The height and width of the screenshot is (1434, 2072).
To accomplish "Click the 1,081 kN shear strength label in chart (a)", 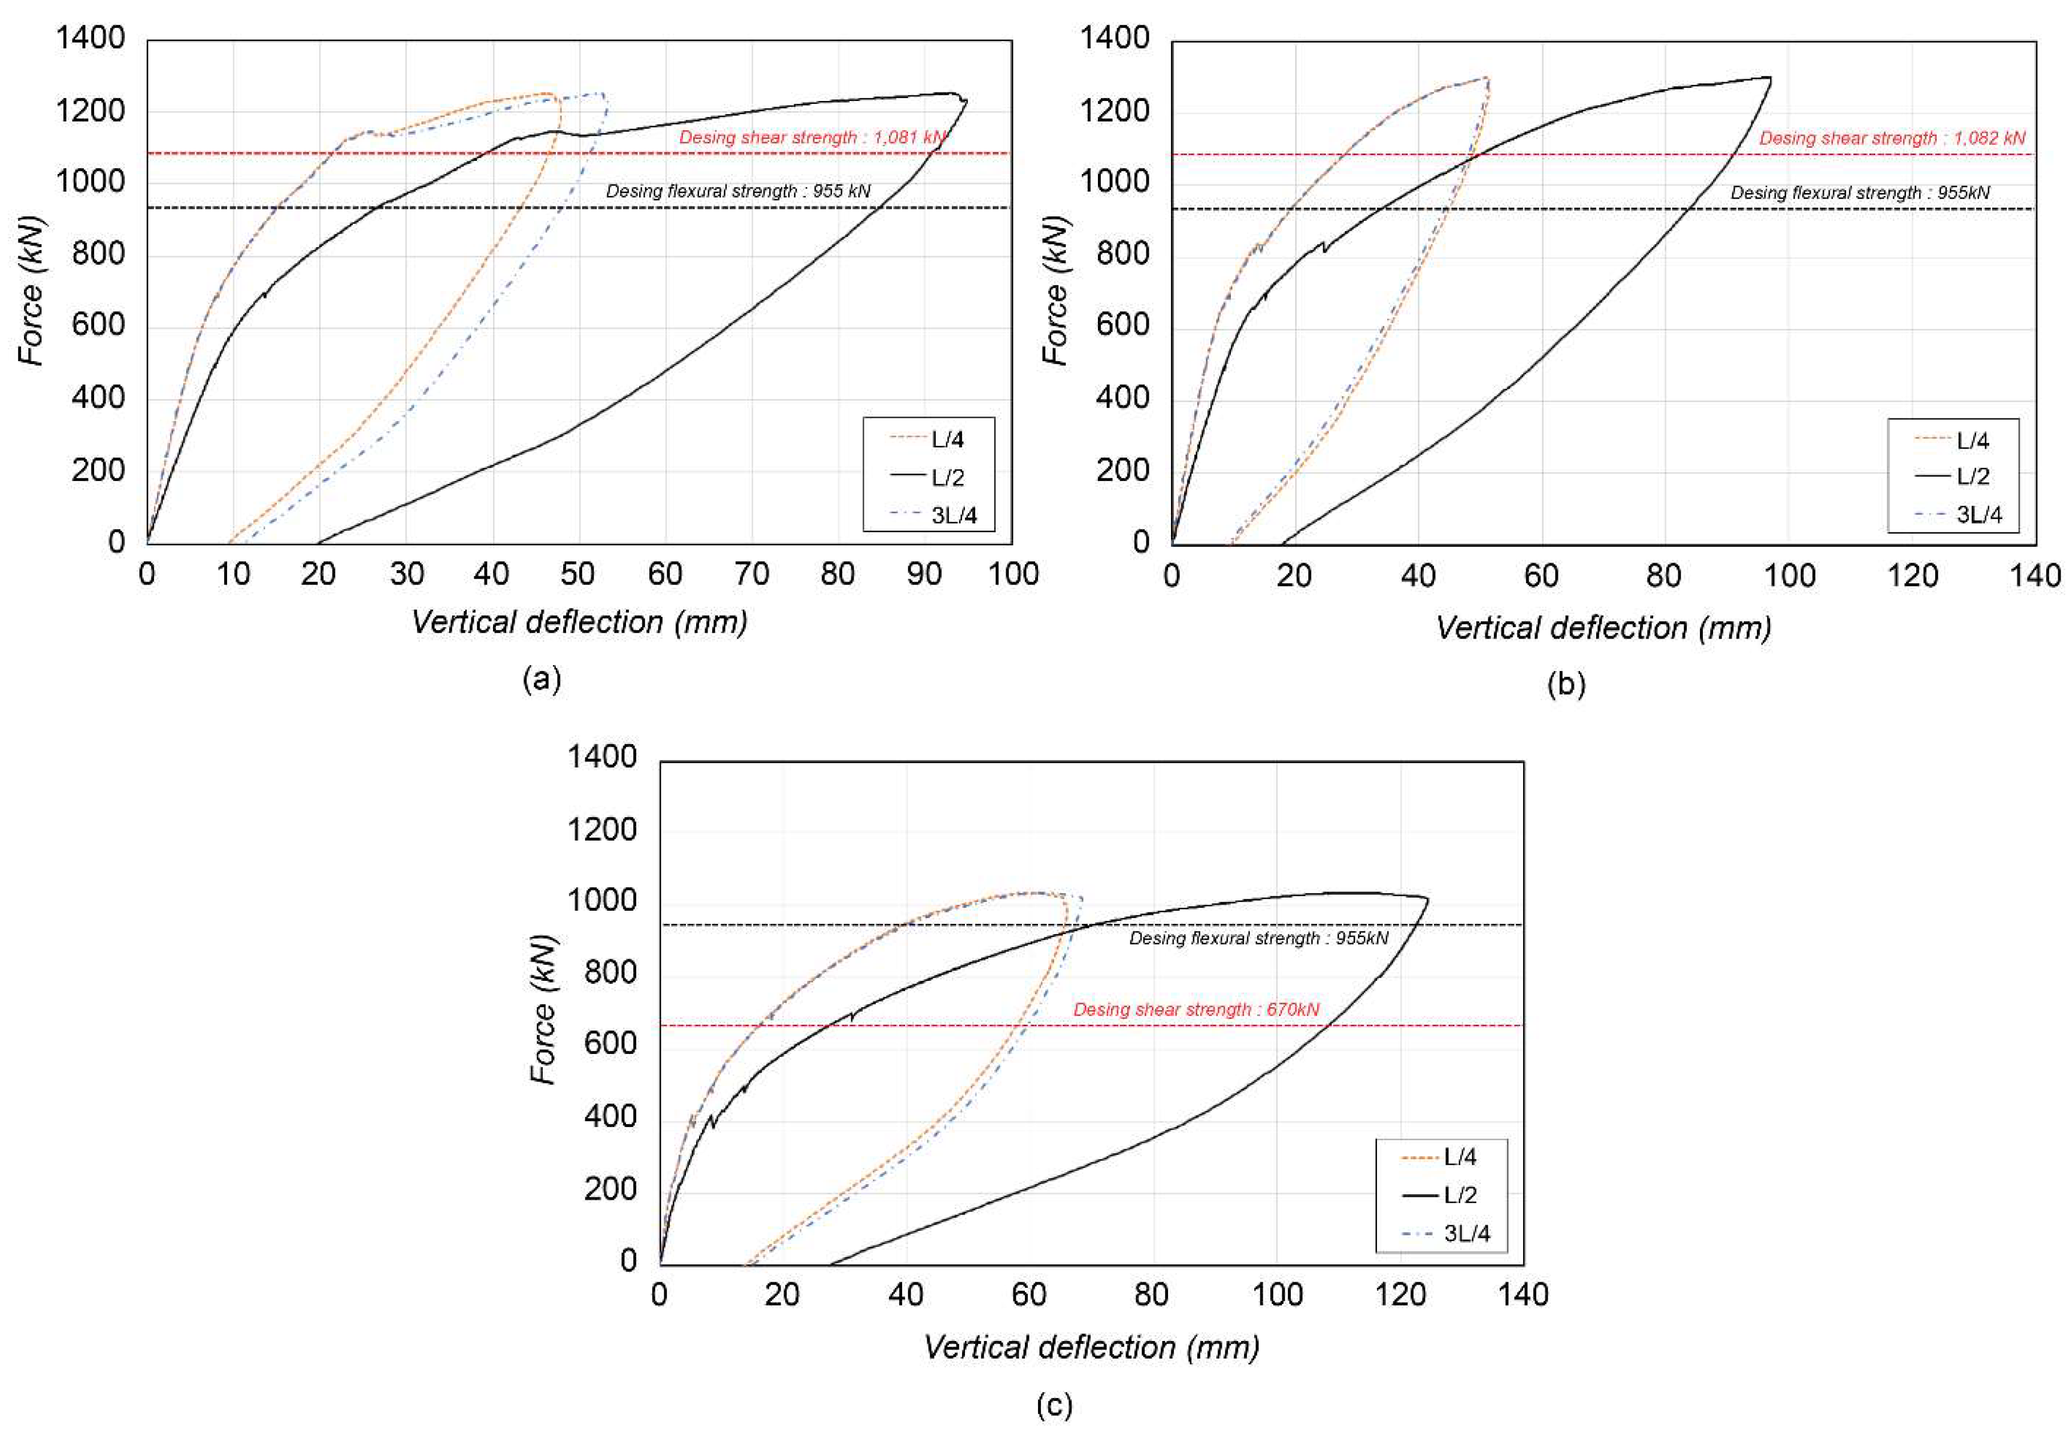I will coord(811,138).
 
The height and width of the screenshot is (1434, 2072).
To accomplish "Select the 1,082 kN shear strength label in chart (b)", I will coord(1892,138).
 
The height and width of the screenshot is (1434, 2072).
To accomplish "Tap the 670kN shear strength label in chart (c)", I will coord(1196,1010).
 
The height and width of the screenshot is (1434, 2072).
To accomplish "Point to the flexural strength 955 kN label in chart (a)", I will coord(738,191).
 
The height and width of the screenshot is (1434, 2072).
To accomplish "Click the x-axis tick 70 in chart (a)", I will coord(751,574).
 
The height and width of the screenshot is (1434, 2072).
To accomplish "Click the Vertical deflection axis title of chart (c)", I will coord(1091,1348).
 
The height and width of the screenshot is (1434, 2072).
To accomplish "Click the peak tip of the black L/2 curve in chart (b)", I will coord(1769,78).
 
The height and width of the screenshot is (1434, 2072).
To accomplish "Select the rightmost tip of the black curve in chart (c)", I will coord(1428,899).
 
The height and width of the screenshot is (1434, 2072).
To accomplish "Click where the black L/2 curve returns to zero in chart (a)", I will coord(318,543).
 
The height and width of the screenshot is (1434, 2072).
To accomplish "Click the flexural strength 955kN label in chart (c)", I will coord(1258,939).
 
